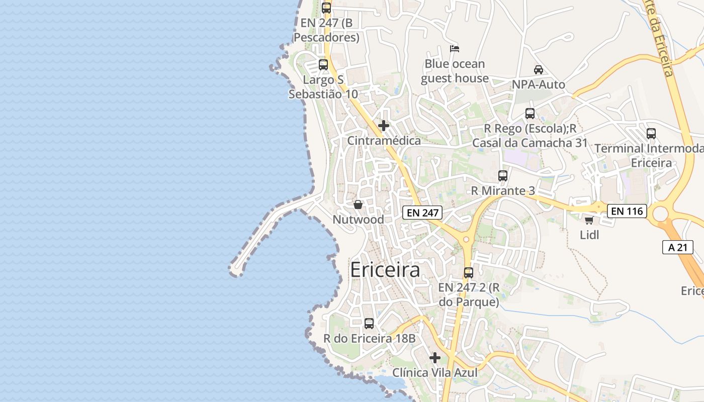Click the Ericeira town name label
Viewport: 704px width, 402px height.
click(x=385, y=270)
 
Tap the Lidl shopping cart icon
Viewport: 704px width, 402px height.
click(x=589, y=220)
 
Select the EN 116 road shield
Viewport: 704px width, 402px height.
click(x=627, y=211)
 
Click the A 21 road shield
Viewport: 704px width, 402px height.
click(x=674, y=247)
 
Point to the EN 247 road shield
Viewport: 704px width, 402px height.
click(x=422, y=213)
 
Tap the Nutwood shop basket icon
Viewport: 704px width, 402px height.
click(x=358, y=205)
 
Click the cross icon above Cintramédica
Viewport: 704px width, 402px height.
click(x=384, y=125)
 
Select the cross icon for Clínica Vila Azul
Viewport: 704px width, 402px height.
click(x=435, y=358)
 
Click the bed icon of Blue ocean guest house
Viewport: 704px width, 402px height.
click(x=455, y=49)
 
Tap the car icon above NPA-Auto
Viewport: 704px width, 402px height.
click(x=539, y=70)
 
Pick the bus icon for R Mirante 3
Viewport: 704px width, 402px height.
click(x=503, y=176)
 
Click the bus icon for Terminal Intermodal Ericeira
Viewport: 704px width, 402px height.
click(x=651, y=134)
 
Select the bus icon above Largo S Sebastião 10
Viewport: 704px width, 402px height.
click(x=323, y=65)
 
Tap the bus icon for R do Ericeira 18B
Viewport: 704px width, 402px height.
click(x=369, y=324)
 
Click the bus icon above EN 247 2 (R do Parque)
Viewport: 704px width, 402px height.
click(x=469, y=273)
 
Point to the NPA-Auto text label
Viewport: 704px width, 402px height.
click(x=539, y=84)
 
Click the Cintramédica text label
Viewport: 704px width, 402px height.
click(x=384, y=141)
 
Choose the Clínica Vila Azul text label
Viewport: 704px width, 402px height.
click(x=434, y=373)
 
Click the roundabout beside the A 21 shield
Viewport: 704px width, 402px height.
click(x=660, y=214)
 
